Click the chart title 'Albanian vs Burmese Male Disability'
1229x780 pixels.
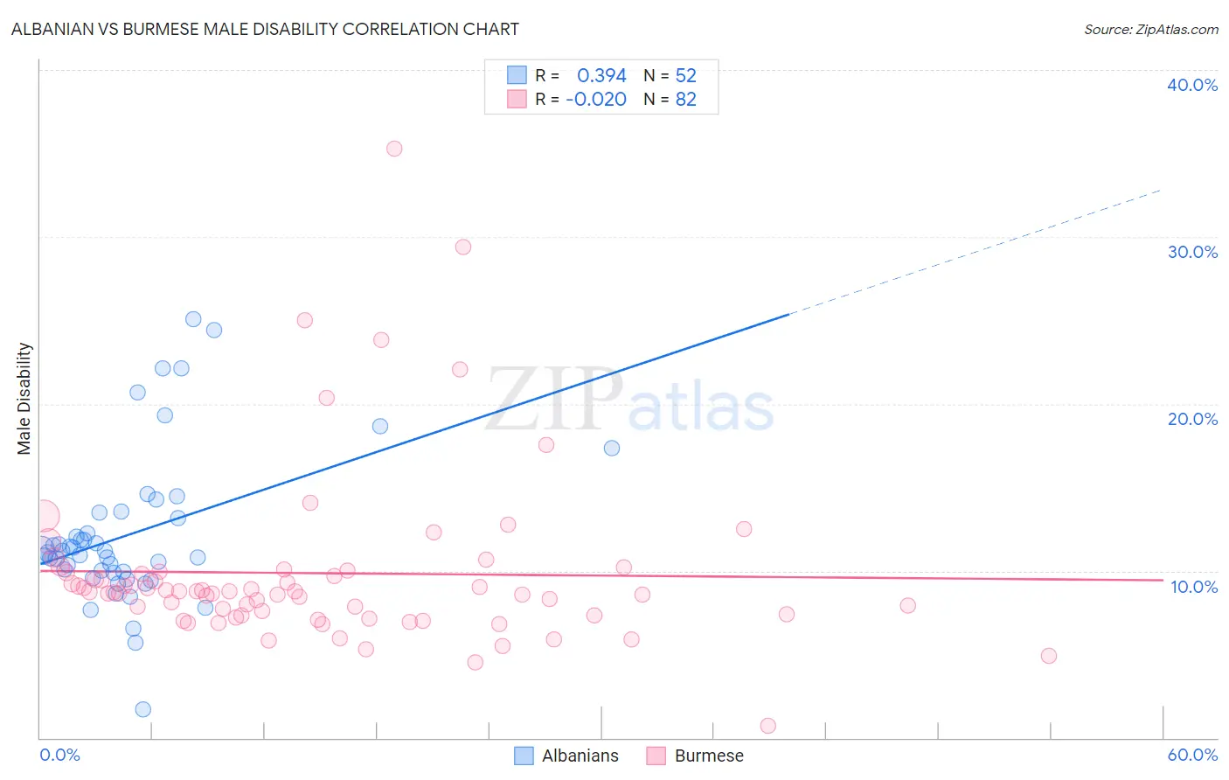pyautogui.click(x=265, y=30)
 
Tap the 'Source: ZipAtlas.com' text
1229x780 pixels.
pyautogui.click(x=1150, y=30)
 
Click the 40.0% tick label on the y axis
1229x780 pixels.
pyautogui.click(x=1191, y=85)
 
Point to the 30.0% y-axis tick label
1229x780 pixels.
pyautogui.click(x=1191, y=252)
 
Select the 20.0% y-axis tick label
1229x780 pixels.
pyautogui.click(x=1191, y=419)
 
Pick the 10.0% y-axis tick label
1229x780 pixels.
pyautogui.click(x=1193, y=587)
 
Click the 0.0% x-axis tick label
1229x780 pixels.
pyautogui.click(x=59, y=755)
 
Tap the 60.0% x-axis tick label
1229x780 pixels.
pyautogui.click(x=1192, y=755)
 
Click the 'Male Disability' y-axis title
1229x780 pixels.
pyautogui.click(x=24, y=399)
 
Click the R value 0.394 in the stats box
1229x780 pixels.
pyautogui.click(x=601, y=76)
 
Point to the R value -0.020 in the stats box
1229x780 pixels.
pyautogui.click(x=596, y=100)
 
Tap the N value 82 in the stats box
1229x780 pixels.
pyautogui.click(x=685, y=100)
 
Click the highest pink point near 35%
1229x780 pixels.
pyautogui.click(x=394, y=149)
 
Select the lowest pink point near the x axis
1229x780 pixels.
pyautogui.click(x=768, y=726)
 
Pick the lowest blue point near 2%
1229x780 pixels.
pyautogui.click(x=143, y=709)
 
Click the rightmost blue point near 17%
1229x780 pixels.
pyautogui.click(x=612, y=448)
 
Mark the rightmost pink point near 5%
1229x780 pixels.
pyautogui.click(x=1049, y=656)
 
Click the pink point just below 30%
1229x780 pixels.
pyautogui.click(x=463, y=247)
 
